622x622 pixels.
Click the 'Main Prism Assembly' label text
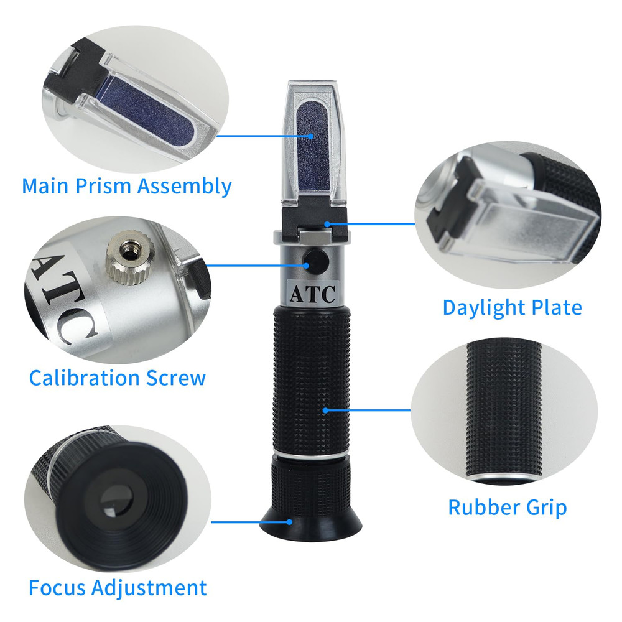pyautogui.click(x=126, y=186)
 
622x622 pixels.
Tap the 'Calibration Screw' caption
pyautogui.click(x=117, y=377)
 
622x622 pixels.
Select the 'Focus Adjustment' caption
pyautogui.click(x=117, y=587)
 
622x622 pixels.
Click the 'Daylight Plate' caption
pyautogui.click(x=512, y=307)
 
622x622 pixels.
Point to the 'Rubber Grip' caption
pyautogui.click(x=507, y=507)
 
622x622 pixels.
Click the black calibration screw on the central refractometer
pyautogui.click(x=313, y=262)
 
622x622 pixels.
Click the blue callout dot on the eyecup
pyautogui.click(x=289, y=523)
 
